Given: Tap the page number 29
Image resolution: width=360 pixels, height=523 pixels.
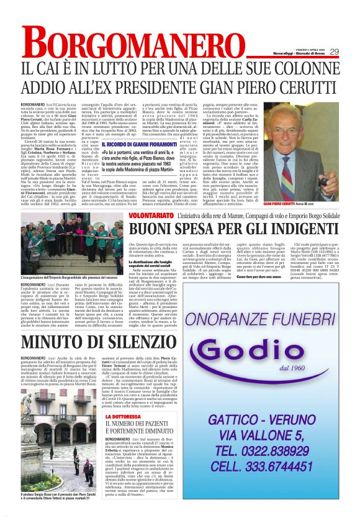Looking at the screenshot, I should tap(334, 52).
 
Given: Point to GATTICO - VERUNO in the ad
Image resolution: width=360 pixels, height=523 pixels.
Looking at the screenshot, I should tap(260, 420).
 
